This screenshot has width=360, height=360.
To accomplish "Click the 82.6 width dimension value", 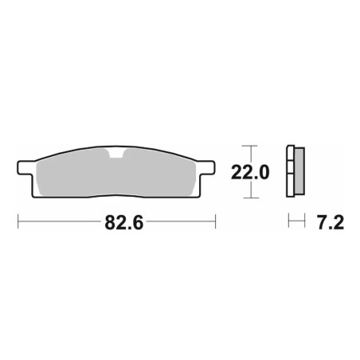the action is pos(124,222).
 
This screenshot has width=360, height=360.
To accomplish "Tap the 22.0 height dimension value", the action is pos(250,172).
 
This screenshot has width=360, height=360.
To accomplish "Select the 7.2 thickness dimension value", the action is pos(331,222).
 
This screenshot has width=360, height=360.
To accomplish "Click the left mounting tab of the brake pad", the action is pos(26,167).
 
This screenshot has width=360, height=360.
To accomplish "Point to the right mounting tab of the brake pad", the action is pos(206,167).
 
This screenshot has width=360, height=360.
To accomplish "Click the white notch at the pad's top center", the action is pos(116,154).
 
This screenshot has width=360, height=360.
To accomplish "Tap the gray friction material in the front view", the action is pos(116,174).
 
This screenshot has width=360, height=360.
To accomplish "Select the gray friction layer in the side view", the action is pos(299,171).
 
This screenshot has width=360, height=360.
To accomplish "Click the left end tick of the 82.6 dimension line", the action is pos(18,221).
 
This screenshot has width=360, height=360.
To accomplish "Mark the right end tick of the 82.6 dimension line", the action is pos(215,221).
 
